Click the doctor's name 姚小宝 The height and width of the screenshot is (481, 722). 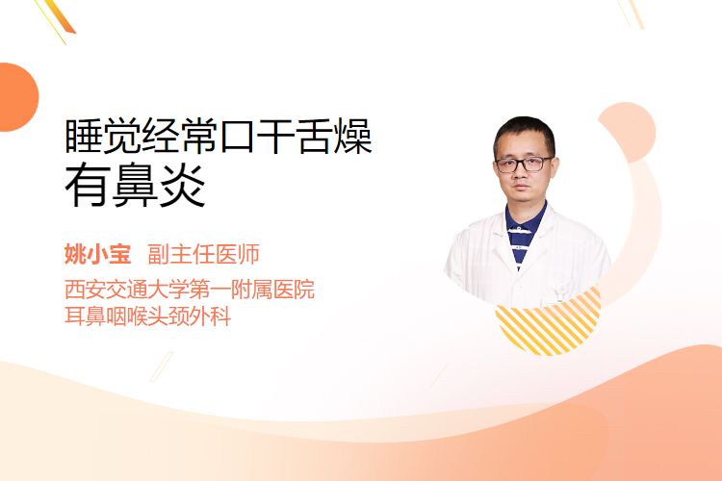click(98, 254)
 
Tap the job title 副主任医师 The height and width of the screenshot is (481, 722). click(203, 254)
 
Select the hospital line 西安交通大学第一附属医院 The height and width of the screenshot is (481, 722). click(190, 290)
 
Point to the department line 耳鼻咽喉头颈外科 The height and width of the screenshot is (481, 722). click(148, 316)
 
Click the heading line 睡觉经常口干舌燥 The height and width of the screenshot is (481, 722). click(219, 137)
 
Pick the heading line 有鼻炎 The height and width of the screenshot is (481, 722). click(135, 186)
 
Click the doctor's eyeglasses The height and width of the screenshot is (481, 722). click(524, 164)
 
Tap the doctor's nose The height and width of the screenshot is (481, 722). click(521, 173)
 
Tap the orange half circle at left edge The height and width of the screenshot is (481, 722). click(17, 97)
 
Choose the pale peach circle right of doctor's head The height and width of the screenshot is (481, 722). click(629, 132)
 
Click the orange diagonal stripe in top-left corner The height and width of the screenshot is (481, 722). click(61, 17)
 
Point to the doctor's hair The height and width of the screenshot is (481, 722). click(524, 131)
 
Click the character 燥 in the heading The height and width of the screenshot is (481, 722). click(353, 137)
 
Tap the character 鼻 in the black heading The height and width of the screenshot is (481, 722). click(135, 187)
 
